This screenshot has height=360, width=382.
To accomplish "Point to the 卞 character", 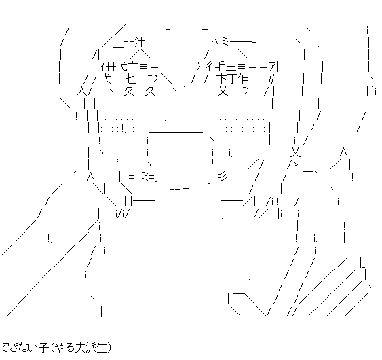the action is pyautogui.click(x=221, y=79).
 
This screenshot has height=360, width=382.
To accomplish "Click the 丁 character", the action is pyautogui.click(x=233, y=79).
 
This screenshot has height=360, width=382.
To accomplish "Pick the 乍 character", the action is pyautogui.click(x=244, y=79).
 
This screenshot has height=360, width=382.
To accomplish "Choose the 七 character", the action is pyautogui.click(x=131, y=79).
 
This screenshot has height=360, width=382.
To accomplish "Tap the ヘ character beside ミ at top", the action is pyautogui.click(x=216, y=41).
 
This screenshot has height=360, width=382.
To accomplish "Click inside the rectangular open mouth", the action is pyautogui.click(x=180, y=148).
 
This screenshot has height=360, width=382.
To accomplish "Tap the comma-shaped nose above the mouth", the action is pyautogui.click(x=166, y=120).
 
